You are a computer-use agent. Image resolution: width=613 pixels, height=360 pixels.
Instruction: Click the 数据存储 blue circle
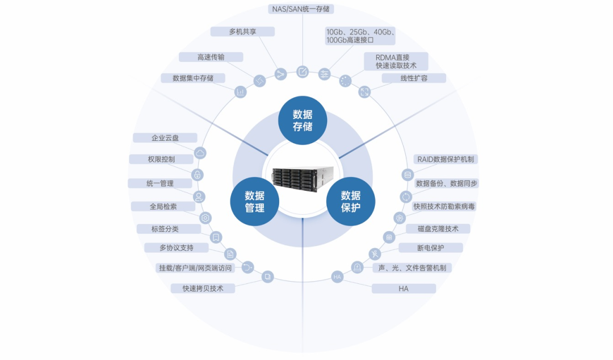click(303, 120)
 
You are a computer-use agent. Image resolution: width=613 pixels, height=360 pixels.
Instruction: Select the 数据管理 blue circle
click(255, 202)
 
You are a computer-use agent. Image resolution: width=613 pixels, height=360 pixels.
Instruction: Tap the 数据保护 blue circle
click(351, 202)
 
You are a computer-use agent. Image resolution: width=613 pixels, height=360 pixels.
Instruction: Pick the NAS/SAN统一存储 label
click(301, 9)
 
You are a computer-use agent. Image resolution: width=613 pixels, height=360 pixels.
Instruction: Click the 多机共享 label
click(242, 32)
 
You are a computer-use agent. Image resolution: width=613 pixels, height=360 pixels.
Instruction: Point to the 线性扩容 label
click(414, 78)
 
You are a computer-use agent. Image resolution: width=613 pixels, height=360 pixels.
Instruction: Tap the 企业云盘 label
click(165, 138)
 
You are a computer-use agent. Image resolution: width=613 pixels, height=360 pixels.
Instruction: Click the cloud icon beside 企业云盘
click(200, 153)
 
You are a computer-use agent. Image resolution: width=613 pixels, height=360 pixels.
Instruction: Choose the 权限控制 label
click(161, 160)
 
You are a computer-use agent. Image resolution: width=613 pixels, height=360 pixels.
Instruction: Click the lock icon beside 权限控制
click(198, 175)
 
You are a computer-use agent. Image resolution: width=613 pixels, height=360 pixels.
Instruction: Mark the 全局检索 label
click(163, 207)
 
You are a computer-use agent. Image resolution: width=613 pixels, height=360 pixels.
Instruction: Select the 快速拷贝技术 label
click(203, 288)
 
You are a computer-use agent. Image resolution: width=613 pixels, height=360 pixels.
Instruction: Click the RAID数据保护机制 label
click(446, 160)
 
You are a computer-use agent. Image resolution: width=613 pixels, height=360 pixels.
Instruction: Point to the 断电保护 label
click(430, 248)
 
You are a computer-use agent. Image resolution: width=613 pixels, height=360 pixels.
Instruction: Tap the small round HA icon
click(337, 277)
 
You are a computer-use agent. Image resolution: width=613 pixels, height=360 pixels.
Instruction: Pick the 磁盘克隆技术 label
click(438, 229)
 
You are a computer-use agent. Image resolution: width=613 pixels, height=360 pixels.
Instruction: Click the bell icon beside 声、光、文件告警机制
click(357, 267)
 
